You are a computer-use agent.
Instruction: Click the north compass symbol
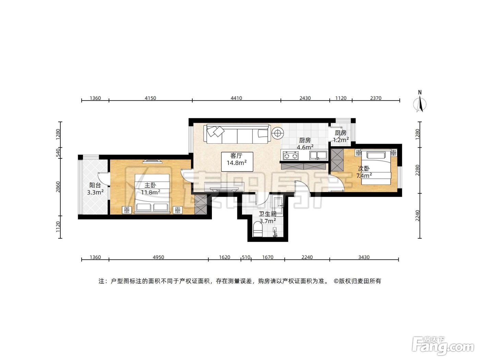[x=420, y=101]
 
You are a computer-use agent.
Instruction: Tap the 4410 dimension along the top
[x=236, y=98]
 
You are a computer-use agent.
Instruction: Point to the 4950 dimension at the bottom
[x=158, y=257]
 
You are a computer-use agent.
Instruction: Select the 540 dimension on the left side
[x=58, y=153]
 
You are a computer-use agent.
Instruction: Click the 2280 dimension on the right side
[x=418, y=170]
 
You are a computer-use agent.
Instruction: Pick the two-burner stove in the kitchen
[x=291, y=156]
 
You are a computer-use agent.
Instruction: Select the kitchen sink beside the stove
[x=318, y=155]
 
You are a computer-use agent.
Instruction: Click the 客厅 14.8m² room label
[x=237, y=159]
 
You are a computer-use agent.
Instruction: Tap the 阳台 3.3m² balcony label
[x=95, y=189]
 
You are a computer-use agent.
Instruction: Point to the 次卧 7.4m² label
[x=364, y=172]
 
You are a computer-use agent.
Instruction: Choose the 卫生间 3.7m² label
[x=268, y=217]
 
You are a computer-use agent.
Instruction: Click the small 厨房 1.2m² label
[x=341, y=136]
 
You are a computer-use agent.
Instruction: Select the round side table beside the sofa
[x=278, y=133]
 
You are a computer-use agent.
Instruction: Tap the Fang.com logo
[x=443, y=345]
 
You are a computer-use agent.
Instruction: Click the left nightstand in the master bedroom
[x=127, y=210]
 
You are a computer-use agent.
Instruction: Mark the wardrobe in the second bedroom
[x=337, y=160]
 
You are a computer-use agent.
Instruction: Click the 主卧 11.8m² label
[x=150, y=189]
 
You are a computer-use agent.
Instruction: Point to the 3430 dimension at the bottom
[x=364, y=257]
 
